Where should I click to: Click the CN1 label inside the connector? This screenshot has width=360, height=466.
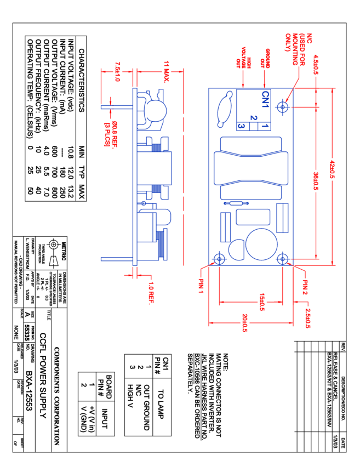point(266,99)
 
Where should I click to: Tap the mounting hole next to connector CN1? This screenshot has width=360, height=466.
point(283,107)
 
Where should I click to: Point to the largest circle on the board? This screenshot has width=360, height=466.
point(261,244)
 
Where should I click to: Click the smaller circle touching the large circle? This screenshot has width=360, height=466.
point(237,250)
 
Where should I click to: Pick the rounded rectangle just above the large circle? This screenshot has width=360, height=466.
point(253,217)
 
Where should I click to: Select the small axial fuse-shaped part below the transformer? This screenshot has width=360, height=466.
point(236,203)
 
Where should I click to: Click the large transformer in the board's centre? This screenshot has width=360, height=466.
point(251,168)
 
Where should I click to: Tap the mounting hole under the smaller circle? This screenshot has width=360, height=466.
point(219,258)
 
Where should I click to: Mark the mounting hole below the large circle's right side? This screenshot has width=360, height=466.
point(283,258)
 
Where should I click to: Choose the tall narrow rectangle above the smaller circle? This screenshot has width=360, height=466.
point(225,227)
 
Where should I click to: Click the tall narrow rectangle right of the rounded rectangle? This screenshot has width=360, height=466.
point(282,218)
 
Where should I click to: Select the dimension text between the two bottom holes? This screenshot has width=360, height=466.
point(262,302)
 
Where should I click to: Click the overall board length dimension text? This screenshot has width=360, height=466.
point(332,169)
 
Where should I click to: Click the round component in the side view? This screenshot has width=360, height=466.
point(156,111)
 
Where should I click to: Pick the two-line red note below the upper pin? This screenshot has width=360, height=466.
point(111,135)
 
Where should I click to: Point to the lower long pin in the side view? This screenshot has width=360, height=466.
point(117,259)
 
